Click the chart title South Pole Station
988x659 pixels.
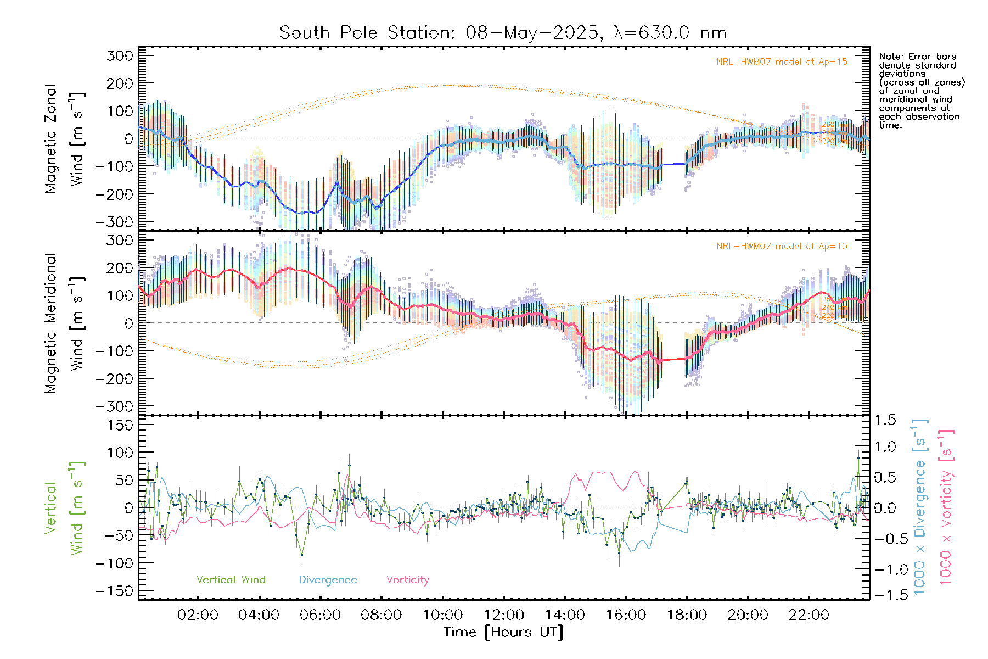click(x=367, y=33)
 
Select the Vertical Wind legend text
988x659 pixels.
click(x=231, y=579)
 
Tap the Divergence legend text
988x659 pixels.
click(x=328, y=580)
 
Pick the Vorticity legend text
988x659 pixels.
click(x=407, y=579)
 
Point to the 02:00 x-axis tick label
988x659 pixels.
click(x=198, y=615)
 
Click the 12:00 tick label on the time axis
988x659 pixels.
click(x=503, y=615)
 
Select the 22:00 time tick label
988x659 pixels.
click(x=809, y=615)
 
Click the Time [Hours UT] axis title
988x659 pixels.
click(x=503, y=632)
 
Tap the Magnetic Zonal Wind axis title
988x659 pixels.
click(x=65, y=138)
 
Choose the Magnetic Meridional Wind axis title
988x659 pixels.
click(x=65, y=323)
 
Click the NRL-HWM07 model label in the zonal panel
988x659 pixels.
click(x=782, y=62)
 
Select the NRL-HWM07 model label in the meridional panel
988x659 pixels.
click(x=782, y=247)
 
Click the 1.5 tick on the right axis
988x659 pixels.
click(x=885, y=420)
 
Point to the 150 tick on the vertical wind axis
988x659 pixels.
click(x=121, y=425)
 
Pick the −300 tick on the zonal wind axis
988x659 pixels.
click(x=114, y=222)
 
